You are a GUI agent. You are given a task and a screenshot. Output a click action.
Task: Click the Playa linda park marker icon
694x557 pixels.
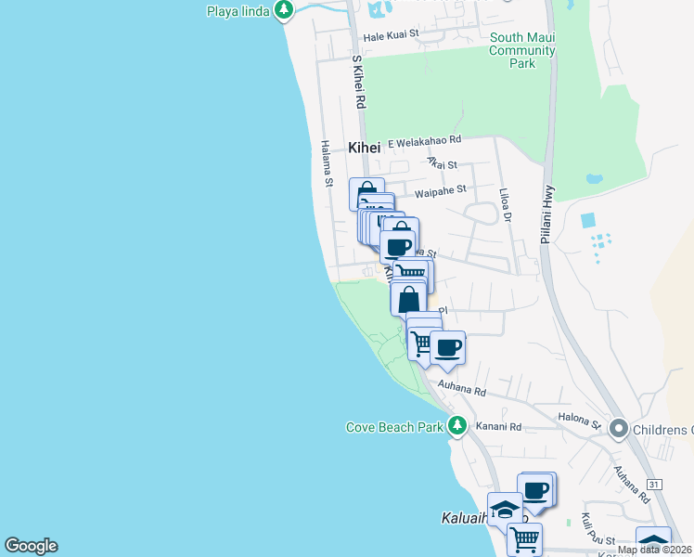click(284, 10)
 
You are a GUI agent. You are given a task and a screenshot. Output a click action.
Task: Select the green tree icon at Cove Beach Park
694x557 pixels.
click(456, 426)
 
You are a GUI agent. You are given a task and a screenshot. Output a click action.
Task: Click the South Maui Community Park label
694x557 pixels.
click(522, 50)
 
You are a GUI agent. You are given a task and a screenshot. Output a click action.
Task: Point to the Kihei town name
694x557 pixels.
click(365, 147)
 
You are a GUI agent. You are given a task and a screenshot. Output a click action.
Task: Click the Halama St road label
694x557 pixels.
click(327, 163)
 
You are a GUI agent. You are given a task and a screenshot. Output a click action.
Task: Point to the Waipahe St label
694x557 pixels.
click(440, 190)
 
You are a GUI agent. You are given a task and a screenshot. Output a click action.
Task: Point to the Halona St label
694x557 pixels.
click(579, 421)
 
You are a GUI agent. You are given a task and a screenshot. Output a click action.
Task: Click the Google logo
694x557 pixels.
click(31, 546)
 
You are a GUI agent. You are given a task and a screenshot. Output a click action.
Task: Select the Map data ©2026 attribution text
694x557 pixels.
click(653, 550)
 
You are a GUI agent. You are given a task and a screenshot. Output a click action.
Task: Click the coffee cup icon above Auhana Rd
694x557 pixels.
click(447, 348)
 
